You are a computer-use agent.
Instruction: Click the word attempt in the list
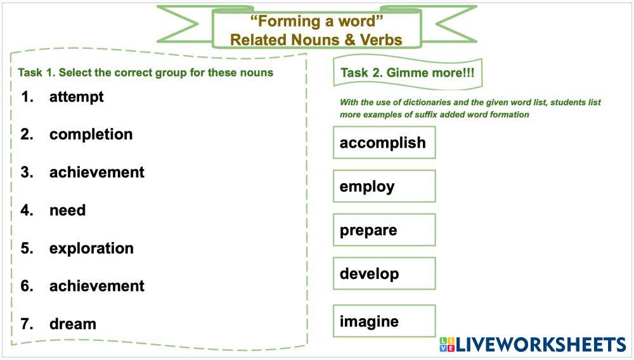point(76,97)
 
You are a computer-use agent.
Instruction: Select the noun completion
point(91,134)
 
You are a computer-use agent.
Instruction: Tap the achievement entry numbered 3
point(96,172)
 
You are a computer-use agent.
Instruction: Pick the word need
point(67,210)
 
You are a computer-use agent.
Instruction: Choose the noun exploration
point(91,248)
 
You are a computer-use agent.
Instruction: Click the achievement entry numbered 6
point(96,286)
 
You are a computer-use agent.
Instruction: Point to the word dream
point(72,324)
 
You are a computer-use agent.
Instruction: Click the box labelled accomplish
point(384,143)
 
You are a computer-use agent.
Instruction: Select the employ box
point(384,186)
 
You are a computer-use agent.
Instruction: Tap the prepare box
point(384,230)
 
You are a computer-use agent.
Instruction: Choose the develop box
point(384,274)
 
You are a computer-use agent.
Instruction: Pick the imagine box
point(384,321)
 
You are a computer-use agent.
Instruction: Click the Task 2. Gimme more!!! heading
point(407,72)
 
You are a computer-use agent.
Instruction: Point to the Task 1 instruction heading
point(145,72)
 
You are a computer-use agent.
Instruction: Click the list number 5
point(27,248)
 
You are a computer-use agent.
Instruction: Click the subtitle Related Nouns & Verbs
point(316,40)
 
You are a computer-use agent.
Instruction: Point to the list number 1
point(27,97)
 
